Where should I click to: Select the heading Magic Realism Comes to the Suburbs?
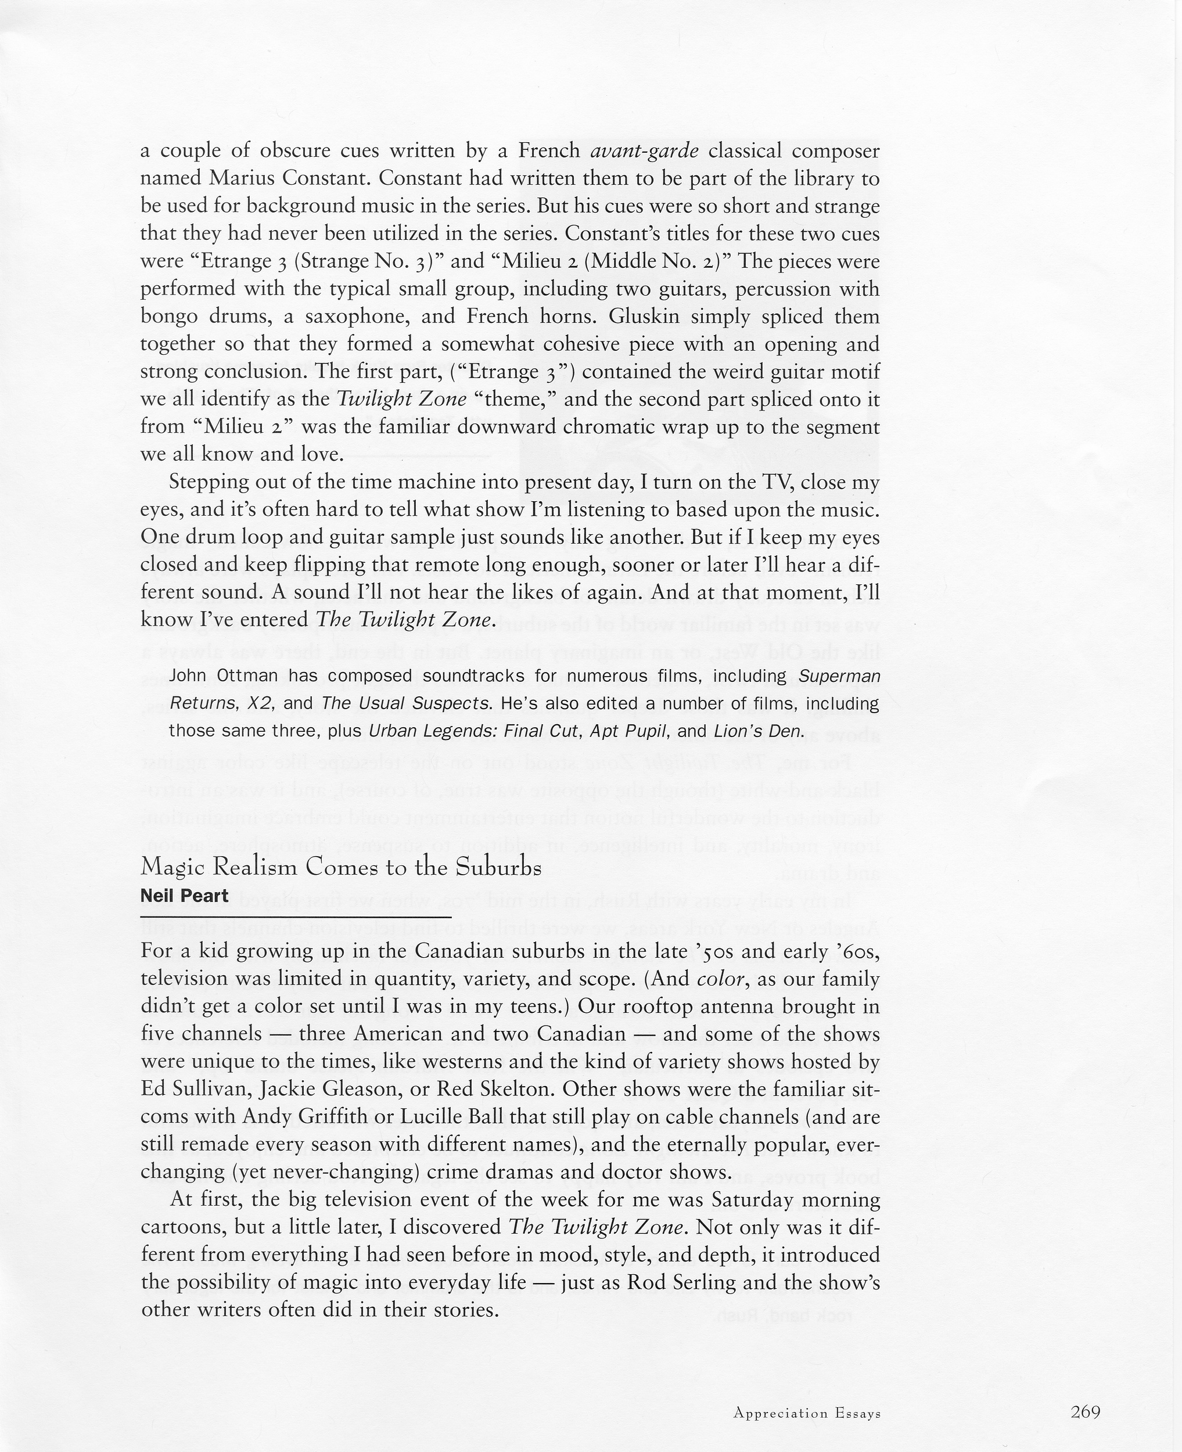point(340,867)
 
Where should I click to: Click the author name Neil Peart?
point(184,896)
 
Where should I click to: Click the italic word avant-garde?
point(644,150)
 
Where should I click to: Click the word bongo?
point(169,317)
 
